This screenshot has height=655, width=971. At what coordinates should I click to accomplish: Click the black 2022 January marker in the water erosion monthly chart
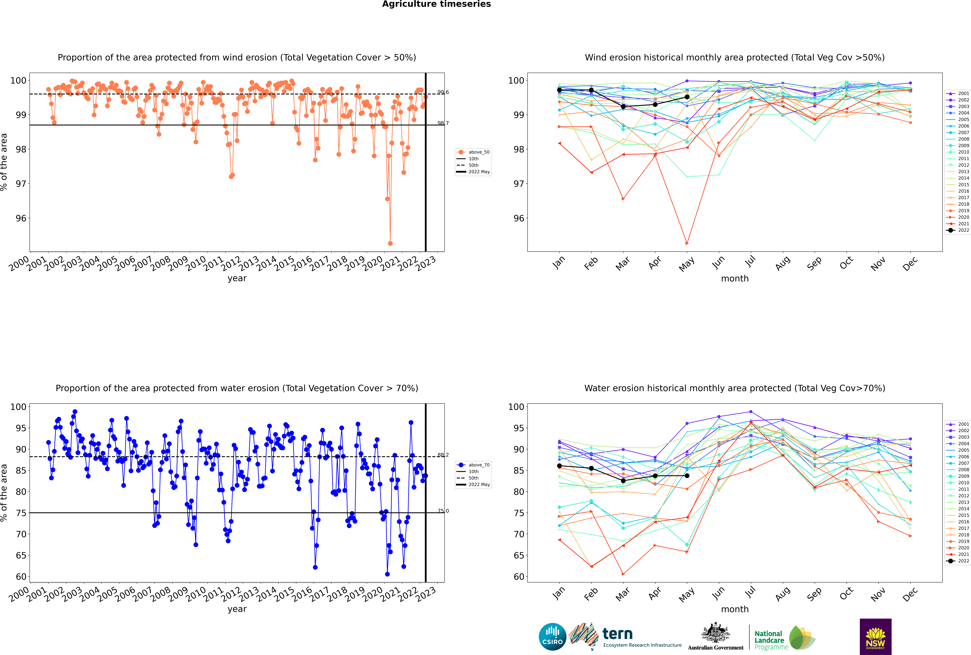[x=559, y=466]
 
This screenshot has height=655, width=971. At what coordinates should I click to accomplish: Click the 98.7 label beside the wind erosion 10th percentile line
[x=443, y=123]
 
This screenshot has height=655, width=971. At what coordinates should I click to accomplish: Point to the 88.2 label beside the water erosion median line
[x=443, y=455]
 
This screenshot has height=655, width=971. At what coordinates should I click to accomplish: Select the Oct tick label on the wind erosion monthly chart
[x=846, y=263]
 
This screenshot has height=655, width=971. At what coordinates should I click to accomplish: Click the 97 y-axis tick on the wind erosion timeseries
[x=21, y=184]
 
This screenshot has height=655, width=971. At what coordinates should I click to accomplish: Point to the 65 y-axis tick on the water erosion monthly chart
[x=518, y=556]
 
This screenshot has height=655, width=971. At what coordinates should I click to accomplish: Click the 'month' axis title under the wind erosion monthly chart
[x=735, y=279]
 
